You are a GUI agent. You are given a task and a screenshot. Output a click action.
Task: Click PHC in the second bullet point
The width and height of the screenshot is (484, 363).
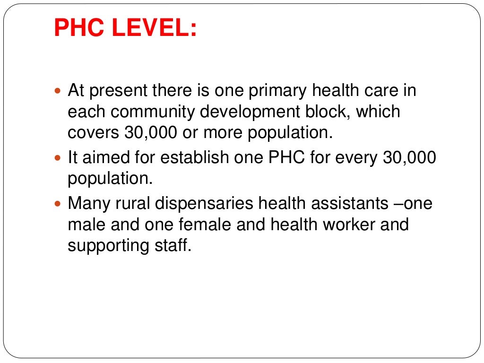(x=284, y=158)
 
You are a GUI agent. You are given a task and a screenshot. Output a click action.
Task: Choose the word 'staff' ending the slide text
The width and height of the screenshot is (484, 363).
(x=175, y=246)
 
